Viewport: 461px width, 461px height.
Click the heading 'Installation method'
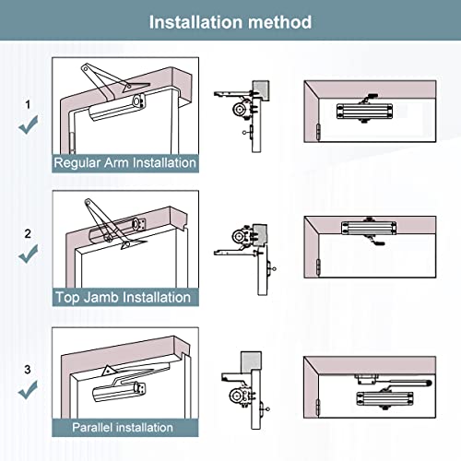(x=230, y=21)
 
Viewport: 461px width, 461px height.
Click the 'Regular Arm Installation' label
(x=124, y=163)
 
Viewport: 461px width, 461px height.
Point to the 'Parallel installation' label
(x=124, y=427)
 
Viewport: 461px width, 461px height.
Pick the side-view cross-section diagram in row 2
(x=244, y=244)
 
